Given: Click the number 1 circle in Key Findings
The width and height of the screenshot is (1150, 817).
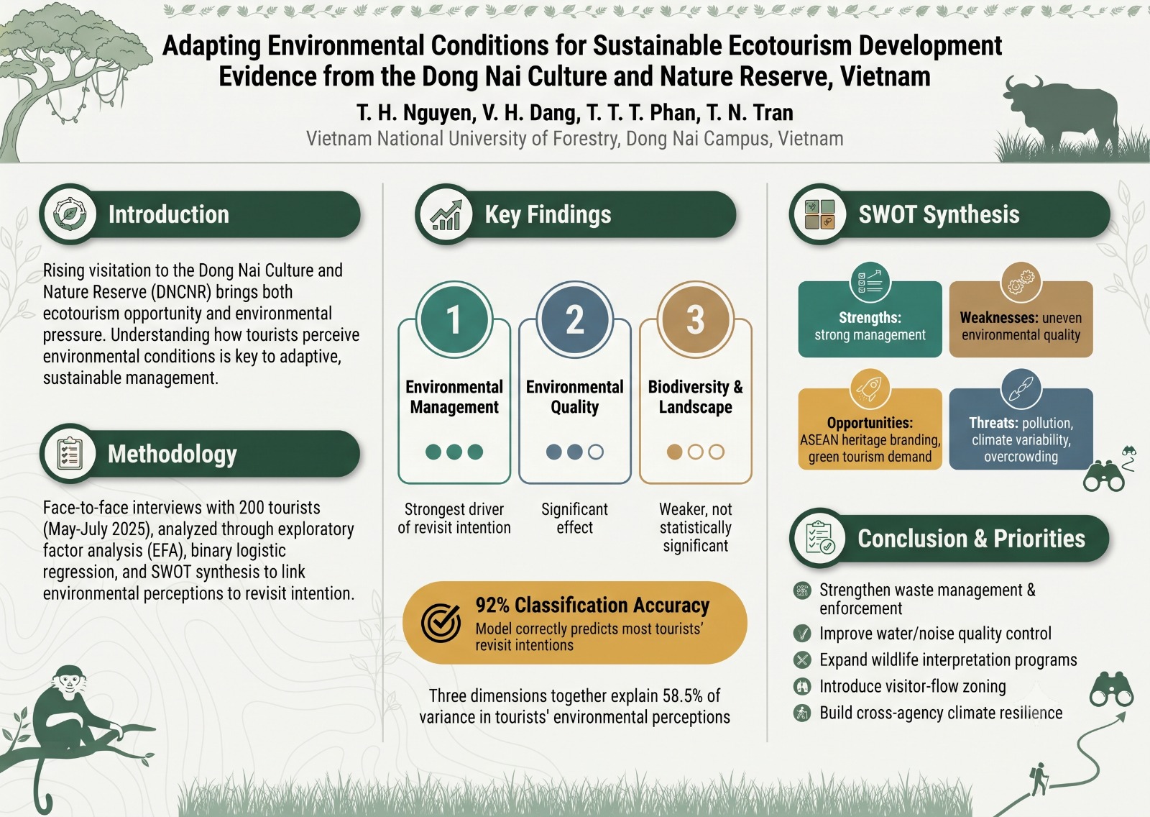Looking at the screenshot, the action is tap(454, 319).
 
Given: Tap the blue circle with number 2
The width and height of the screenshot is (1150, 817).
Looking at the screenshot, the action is tap(574, 319).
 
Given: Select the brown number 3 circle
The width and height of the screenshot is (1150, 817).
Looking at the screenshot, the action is tap(695, 319).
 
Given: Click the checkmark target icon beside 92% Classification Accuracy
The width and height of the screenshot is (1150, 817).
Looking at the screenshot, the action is tap(441, 622).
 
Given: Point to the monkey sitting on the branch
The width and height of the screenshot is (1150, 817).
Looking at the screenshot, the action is tap(77, 719).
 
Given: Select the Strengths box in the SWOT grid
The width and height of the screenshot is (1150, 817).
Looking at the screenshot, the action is tap(870, 319).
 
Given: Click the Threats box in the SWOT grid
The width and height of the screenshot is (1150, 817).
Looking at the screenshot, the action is tap(1021, 429).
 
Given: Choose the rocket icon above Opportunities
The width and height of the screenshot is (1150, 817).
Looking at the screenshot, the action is tap(870, 389).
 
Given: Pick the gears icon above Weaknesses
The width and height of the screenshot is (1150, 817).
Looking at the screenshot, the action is tap(1021, 282).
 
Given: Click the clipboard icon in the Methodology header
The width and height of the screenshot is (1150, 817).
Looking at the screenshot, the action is tap(69, 453).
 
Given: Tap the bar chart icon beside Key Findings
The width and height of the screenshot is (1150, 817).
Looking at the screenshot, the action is tap(445, 214).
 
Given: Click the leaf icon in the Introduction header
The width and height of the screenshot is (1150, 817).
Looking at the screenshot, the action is tap(69, 214).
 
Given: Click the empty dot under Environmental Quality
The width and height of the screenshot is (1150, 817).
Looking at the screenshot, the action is tap(596, 452).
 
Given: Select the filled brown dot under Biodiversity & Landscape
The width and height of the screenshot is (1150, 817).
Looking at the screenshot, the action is tap(674, 452).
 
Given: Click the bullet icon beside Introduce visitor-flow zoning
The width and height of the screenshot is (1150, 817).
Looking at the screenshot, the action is tap(801, 686).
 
